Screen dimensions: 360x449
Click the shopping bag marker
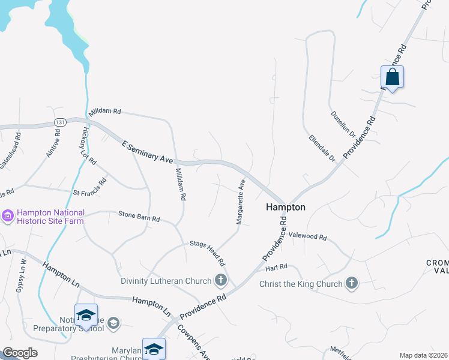tap(392, 77)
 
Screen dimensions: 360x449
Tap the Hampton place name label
tap(286, 207)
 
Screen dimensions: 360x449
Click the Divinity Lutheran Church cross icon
tap(221, 280)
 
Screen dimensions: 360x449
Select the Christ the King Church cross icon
tap(352, 283)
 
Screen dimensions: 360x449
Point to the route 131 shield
tap(59, 122)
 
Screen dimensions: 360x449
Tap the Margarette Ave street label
tap(241, 202)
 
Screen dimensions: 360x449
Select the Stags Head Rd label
tap(207, 253)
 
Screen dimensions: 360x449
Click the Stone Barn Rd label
tap(139, 216)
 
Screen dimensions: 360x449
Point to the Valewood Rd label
tap(307, 237)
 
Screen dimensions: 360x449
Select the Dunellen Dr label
tap(343, 122)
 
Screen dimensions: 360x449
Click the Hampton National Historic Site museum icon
tap(8, 215)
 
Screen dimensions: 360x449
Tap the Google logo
tap(19, 353)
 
